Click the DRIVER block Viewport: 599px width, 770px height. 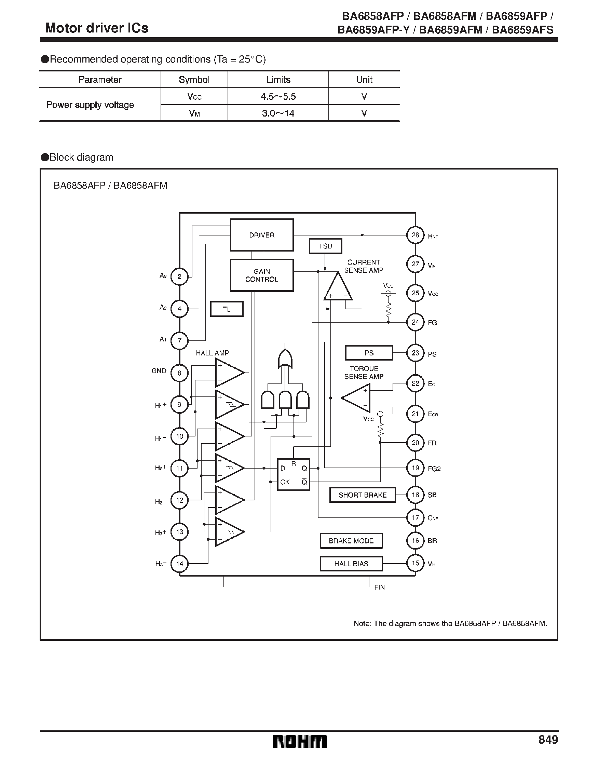262,235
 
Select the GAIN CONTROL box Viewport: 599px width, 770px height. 262,275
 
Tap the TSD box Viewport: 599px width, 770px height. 325,246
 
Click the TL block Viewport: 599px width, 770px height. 227,309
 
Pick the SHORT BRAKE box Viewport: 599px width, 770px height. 363,495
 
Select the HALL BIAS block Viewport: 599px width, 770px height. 351,564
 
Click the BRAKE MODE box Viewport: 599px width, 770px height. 351,541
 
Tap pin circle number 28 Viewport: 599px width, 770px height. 415,235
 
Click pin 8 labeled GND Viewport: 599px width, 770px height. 179,373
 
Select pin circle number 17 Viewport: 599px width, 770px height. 415,517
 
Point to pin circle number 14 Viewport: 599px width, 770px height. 179,564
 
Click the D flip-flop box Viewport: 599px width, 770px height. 293,475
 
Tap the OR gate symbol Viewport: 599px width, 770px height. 285,360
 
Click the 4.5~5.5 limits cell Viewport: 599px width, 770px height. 278,97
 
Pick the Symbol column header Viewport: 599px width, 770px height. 194,80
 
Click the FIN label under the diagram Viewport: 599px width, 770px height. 379,587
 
